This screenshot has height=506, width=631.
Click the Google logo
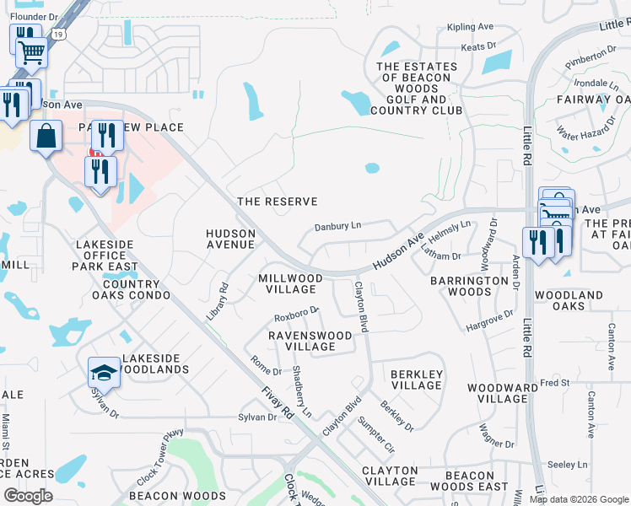point(28,496)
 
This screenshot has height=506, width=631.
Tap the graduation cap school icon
point(104,371)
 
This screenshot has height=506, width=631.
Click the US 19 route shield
point(57,34)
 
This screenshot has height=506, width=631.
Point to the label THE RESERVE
point(278,202)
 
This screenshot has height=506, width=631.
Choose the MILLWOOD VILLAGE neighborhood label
point(290,283)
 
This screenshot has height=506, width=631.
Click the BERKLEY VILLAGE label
point(416,379)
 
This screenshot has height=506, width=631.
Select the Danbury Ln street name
point(337,227)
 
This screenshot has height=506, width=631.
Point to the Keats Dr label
point(478,47)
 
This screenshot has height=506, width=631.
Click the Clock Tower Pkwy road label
point(159,455)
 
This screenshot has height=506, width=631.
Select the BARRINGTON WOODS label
point(461,286)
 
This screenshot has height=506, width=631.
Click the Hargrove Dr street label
point(489,320)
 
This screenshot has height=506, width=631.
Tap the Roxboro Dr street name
point(296,314)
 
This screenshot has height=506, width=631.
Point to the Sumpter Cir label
point(375,433)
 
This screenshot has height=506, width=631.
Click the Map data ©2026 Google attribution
point(578,499)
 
